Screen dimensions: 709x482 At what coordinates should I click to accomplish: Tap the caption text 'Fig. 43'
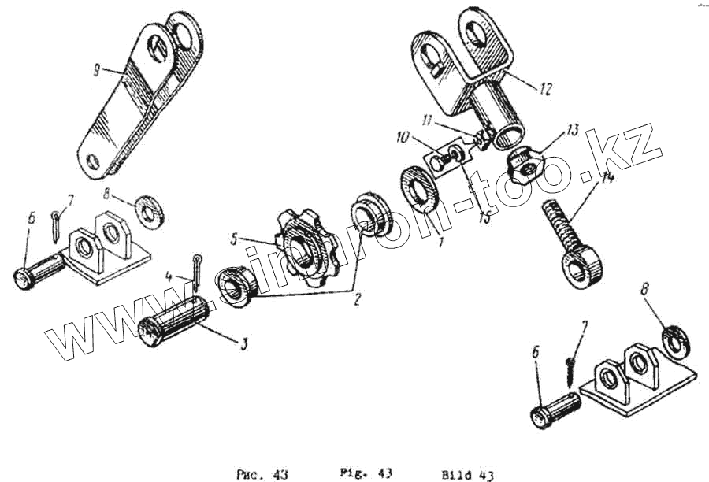366,473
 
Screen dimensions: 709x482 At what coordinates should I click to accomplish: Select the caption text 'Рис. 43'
262,475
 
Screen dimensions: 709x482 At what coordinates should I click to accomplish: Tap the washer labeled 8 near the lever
147,210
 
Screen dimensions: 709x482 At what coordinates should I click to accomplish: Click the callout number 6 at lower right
536,356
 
